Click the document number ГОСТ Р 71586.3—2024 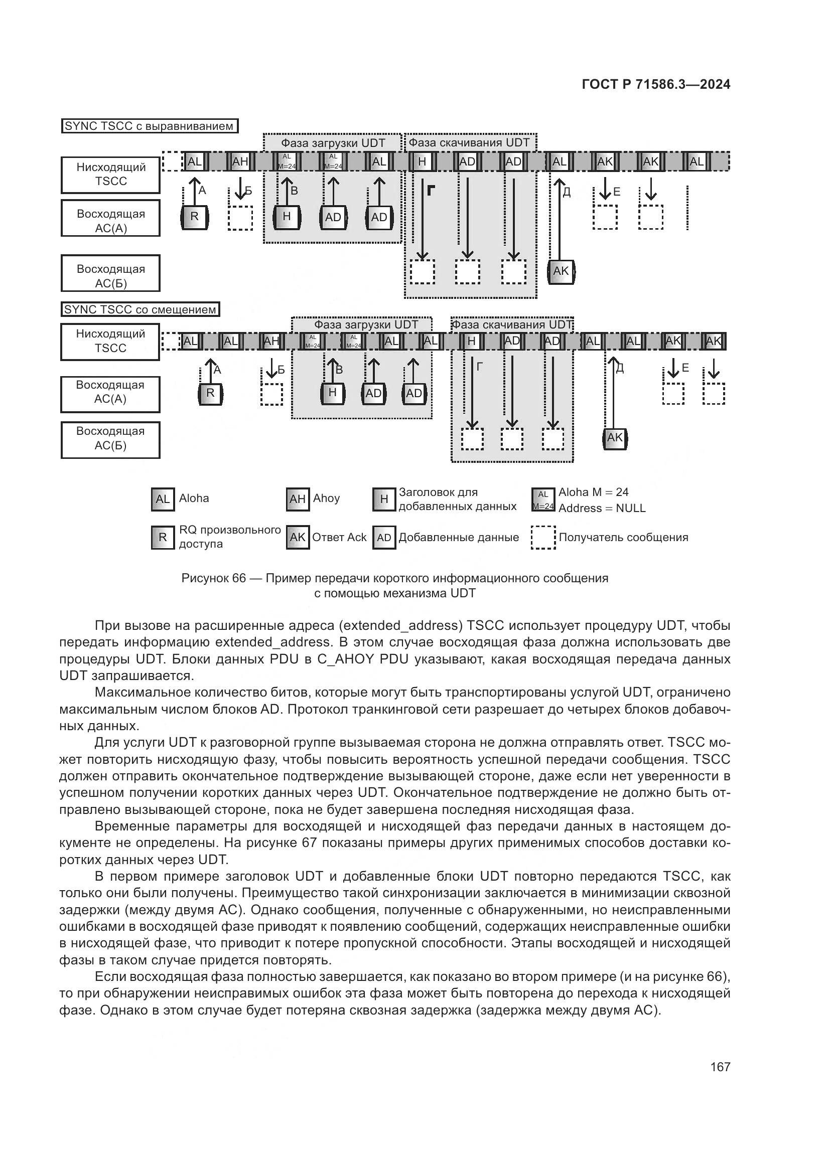pos(656,85)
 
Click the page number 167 pos(720,1067)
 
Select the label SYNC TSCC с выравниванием pos(149,126)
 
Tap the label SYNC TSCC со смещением pos(140,309)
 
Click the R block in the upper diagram pos(194,217)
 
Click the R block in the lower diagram pos(210,393)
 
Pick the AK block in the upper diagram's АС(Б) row pos(561,271)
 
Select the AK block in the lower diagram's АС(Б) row pos(615,438)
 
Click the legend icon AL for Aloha pos(163,499)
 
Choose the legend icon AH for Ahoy pos(298,499)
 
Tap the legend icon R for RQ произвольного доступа pos(163,538)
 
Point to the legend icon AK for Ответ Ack pos(298,538)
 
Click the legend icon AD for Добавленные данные pos(384,538)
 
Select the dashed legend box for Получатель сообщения pos(543,538)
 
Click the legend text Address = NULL pos(602,509)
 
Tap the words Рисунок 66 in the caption pos(214,578)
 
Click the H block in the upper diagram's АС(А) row pos(287,217)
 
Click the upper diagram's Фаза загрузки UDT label pos(333,143)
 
